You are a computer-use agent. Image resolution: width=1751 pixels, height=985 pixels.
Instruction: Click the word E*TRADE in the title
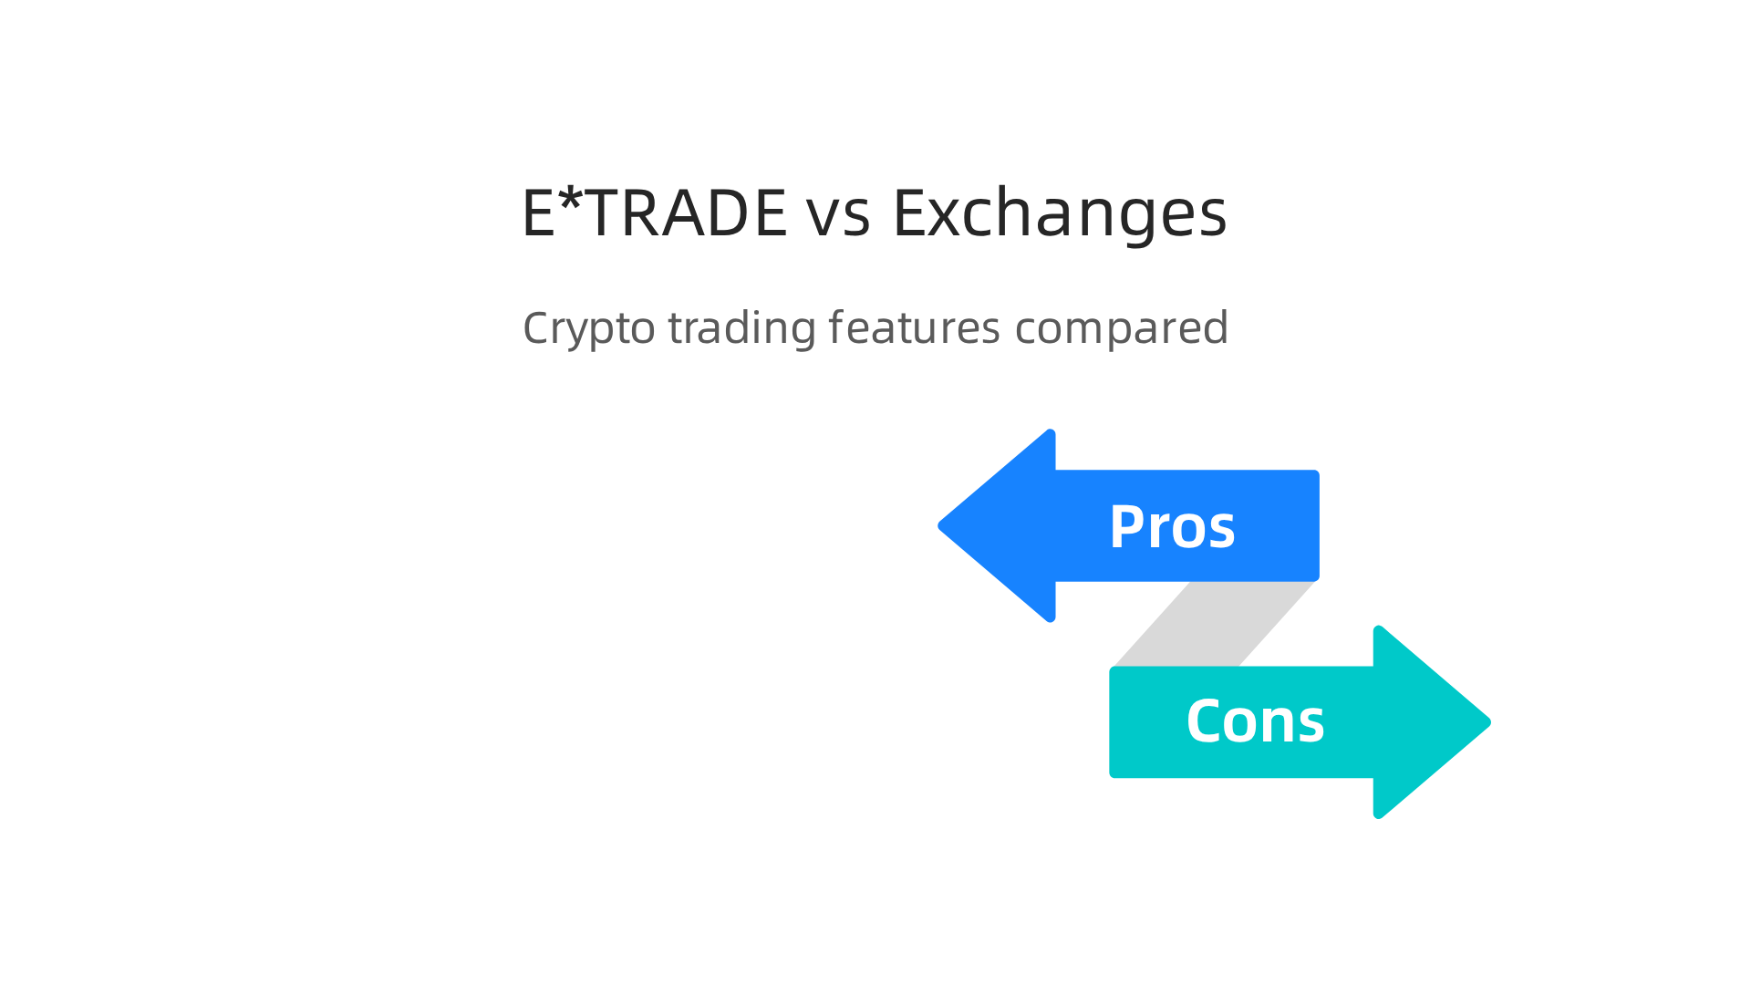(x=653, y=213)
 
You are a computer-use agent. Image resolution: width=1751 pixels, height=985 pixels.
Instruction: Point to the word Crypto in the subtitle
(x=588, y=328)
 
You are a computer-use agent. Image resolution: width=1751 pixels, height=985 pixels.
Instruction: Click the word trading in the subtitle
(x=741, y=328)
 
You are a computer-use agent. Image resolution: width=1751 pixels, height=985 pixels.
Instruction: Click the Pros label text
(x=1172, y=527)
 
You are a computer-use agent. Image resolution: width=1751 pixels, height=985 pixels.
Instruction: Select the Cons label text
(x=1255, y=721)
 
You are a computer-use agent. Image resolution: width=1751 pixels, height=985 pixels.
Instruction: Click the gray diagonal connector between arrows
(x=1213, y=624)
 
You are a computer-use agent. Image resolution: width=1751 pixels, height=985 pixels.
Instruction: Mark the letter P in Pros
(x=1127, y=527)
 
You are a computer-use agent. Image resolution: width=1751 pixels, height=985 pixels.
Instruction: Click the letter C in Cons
(x=1206, y=721)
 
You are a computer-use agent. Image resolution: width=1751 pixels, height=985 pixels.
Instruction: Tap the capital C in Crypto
(x=538, y=327)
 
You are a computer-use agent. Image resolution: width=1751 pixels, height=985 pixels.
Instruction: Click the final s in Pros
(x=1223, y=532)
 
